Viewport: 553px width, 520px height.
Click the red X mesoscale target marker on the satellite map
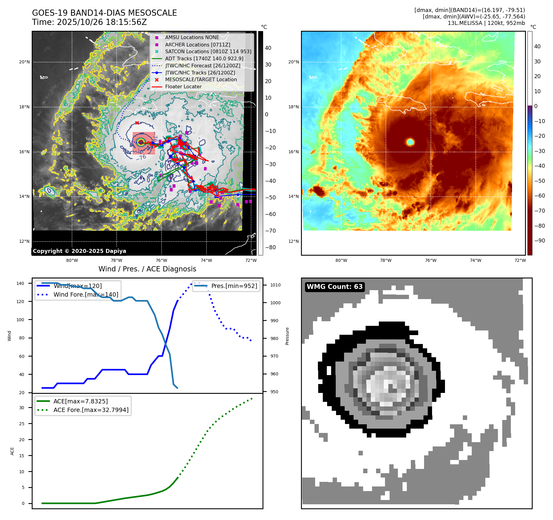[x=137, y=123]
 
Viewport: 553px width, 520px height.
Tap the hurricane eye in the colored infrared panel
[x=410, y=142]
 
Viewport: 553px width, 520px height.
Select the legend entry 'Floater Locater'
[x=183, y=87]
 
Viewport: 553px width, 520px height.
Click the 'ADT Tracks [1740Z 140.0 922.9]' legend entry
[x=204, y=58]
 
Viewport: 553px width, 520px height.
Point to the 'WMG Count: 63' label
[x=335, y=287]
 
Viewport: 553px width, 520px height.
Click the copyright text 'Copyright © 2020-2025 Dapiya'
[x=79, y=251]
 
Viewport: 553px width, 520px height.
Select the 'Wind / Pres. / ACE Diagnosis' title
[x=147, y=269]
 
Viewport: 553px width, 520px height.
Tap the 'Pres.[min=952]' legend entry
[x=234, y=286]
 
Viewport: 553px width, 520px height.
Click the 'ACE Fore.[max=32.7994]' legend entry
[x=91, y=410]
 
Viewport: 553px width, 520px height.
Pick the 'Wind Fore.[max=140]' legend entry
[x=86, y=294]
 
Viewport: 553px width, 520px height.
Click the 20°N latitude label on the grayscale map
[x=24, y=62]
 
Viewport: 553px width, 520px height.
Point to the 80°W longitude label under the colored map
[x=341, y=260]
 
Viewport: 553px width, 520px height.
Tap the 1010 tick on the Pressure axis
[x=275, y=285]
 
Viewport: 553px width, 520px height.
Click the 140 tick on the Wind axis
[x=20, y=283]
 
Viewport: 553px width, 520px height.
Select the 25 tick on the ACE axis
[x=22, y=424]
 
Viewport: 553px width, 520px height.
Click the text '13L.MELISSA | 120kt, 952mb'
[x=486, y=23]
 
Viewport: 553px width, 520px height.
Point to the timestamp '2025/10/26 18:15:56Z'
[x=102, y=22]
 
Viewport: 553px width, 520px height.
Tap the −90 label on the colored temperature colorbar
[x=539, y=241]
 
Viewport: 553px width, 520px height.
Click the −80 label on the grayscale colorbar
[x=270, y=247]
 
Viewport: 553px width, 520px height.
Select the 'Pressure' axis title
[x=287, y=336]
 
